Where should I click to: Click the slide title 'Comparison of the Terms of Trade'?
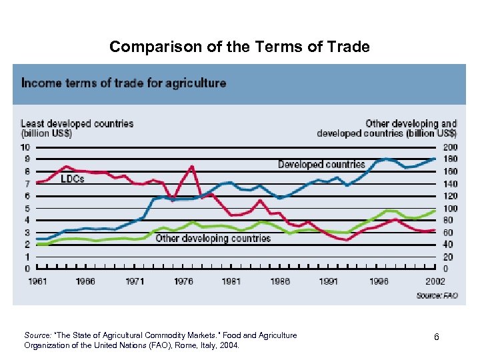tap(239, 47)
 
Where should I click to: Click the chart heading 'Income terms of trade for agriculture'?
tap(123, 83)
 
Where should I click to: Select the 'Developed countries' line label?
tap(321, 164)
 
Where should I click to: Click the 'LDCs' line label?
tap(73, 179)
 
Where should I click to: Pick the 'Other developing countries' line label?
tap(213, 238)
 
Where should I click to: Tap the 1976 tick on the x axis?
tap(183, 281)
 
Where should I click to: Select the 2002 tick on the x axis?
tap(435, 281)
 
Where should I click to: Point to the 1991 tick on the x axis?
tap(328, 281)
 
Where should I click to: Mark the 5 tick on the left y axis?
tap(27, 208)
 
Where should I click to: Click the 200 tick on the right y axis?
tap(451, 147)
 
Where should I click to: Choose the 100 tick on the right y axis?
tap(451, 208)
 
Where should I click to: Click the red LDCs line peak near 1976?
tap(191, 167)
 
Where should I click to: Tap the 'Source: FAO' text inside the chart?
tap(437, 295)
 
